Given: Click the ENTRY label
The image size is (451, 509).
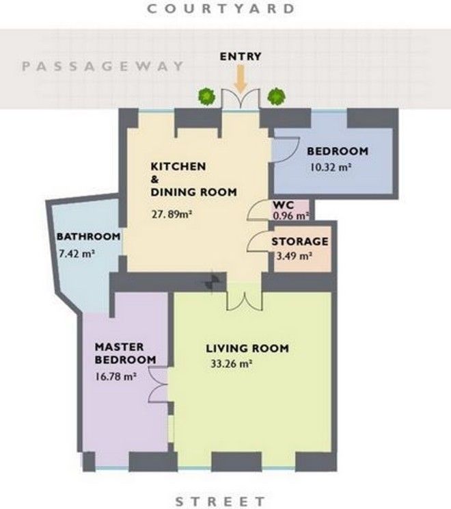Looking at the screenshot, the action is (241, 57).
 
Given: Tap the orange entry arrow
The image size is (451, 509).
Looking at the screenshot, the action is (241, 78).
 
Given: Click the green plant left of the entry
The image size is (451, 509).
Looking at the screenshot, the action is (207, 96).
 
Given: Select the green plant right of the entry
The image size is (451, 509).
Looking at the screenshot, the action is (276, 96).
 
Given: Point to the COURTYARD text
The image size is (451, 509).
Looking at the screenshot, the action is (221, 9).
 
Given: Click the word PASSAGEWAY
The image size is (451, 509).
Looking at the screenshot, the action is (102, 66).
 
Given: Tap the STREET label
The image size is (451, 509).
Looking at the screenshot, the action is (220, 501).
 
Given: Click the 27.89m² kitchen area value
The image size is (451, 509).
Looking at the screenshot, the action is (172, 214).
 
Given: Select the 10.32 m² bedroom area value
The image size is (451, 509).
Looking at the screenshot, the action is (331, 168).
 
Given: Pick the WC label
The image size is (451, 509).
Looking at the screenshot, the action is (284, 205).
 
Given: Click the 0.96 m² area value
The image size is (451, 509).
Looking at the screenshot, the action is (291, 216).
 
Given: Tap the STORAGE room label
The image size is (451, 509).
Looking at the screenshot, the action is (300, 242).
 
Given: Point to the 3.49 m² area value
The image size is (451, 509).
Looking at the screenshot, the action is (294, 256).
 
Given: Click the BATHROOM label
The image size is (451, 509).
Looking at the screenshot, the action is (89, 236).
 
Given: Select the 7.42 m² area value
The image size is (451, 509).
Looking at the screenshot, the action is (77, 253).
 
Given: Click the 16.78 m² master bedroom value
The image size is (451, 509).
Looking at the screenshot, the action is (115, 376).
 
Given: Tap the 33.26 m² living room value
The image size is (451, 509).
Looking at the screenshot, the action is (232, 363).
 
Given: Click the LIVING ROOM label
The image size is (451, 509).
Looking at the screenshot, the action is (247, 348).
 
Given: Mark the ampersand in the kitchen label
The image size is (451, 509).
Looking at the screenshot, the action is (154, 179).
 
